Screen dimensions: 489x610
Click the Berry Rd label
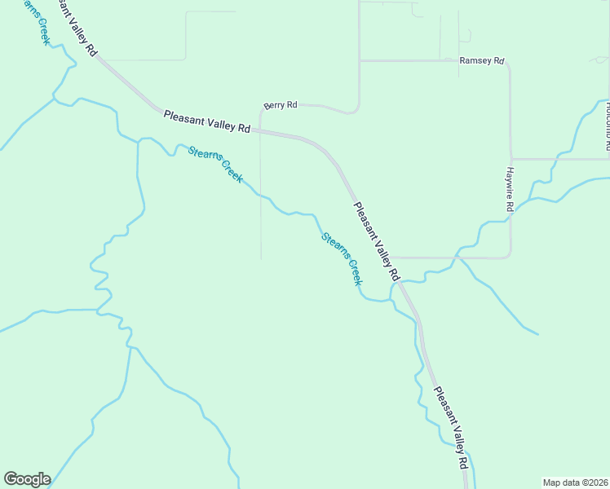click(x=281, y=105)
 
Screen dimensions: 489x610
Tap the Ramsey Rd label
click(x=482, y=61)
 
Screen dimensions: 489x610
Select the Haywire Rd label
click(x=507, y=190)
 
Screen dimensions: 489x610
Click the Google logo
click(x=27, y=479)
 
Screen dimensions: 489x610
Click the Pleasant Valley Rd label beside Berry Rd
click(x=206, y=121)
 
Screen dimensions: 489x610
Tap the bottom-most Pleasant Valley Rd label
click(x=451, y=427)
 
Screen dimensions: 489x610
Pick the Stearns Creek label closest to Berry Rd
click(x=215, y=163)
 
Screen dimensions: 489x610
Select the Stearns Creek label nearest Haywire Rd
click(x=341, y=259)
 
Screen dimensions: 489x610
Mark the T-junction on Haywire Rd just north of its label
click(x=511, y=159)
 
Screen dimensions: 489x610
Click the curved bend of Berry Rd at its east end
click(x=356, y=109)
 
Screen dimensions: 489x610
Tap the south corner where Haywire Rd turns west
click(x=509, y=256)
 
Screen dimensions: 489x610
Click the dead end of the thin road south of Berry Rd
click(x=261, y=260)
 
